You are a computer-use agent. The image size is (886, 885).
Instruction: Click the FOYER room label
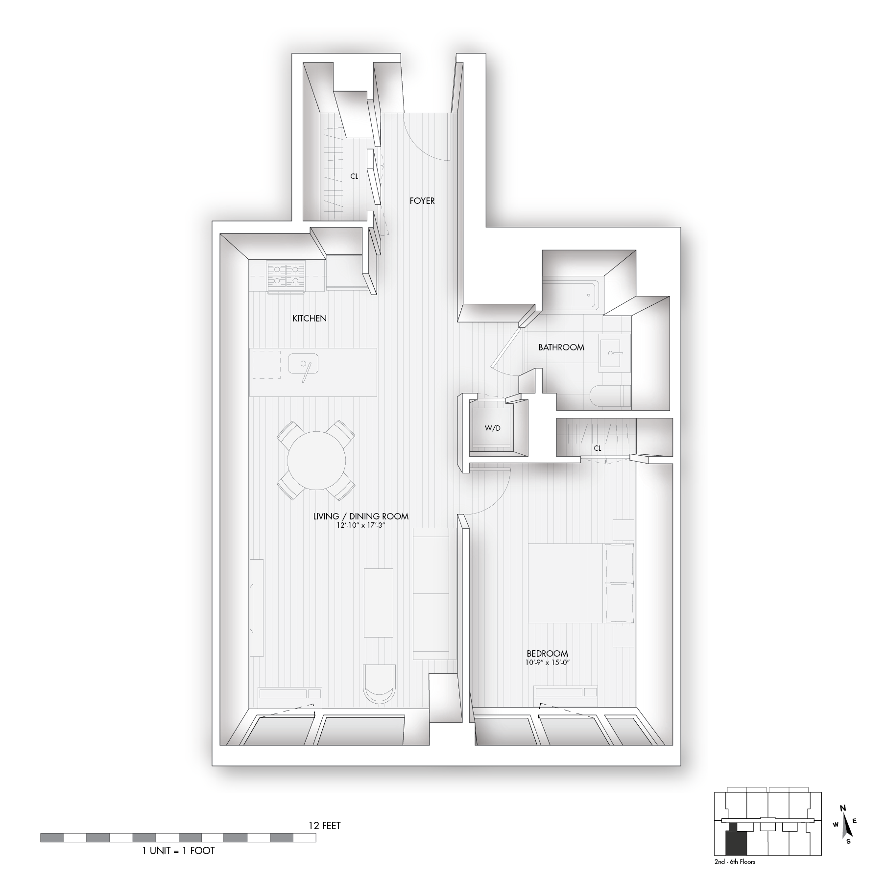[x=422, y=201]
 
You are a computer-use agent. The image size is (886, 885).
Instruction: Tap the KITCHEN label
[x=310, y=319]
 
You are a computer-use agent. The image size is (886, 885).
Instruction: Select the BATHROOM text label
[x=561, y=347]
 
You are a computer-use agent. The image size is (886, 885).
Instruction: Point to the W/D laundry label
[x=493, y=428]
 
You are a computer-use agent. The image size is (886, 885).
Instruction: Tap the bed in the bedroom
[x=581, y=583]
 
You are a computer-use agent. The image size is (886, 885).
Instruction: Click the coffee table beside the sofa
[x=379, y=602]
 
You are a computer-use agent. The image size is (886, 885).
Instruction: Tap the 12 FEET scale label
[x=324, y=826]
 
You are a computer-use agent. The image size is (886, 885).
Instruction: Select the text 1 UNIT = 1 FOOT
[x=178, y=851]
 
